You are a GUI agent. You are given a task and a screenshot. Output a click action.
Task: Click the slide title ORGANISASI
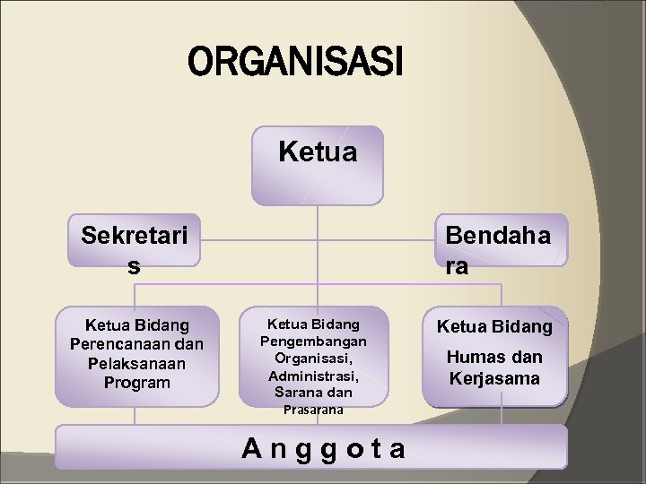(296, 64)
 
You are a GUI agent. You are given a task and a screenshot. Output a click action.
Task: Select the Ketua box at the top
(317, 166)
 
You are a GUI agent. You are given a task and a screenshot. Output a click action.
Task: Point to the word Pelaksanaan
(136, 363)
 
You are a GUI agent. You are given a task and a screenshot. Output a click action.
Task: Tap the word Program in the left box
(136, 383)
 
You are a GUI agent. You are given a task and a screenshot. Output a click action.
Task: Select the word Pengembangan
(313, 341)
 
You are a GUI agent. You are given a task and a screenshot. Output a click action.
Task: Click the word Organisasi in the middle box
(313, 358)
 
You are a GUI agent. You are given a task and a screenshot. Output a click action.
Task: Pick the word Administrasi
(313, 375)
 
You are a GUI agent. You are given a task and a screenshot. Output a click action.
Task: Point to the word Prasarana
(313, 410)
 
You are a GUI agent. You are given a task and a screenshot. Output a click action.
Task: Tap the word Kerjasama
(494, 377)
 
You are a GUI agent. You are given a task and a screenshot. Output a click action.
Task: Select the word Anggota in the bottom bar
(324, 447)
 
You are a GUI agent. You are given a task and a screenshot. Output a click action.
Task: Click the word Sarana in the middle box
(297, 393)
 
